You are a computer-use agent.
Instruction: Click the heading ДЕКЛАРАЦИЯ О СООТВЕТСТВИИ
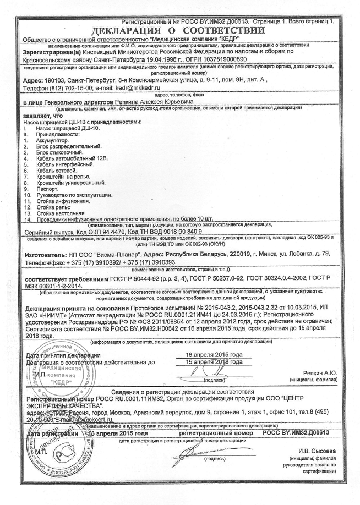coord(179,29)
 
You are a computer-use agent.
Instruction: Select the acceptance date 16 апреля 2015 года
coord(211,355)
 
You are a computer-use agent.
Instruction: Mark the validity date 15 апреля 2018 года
coord(211,362)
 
